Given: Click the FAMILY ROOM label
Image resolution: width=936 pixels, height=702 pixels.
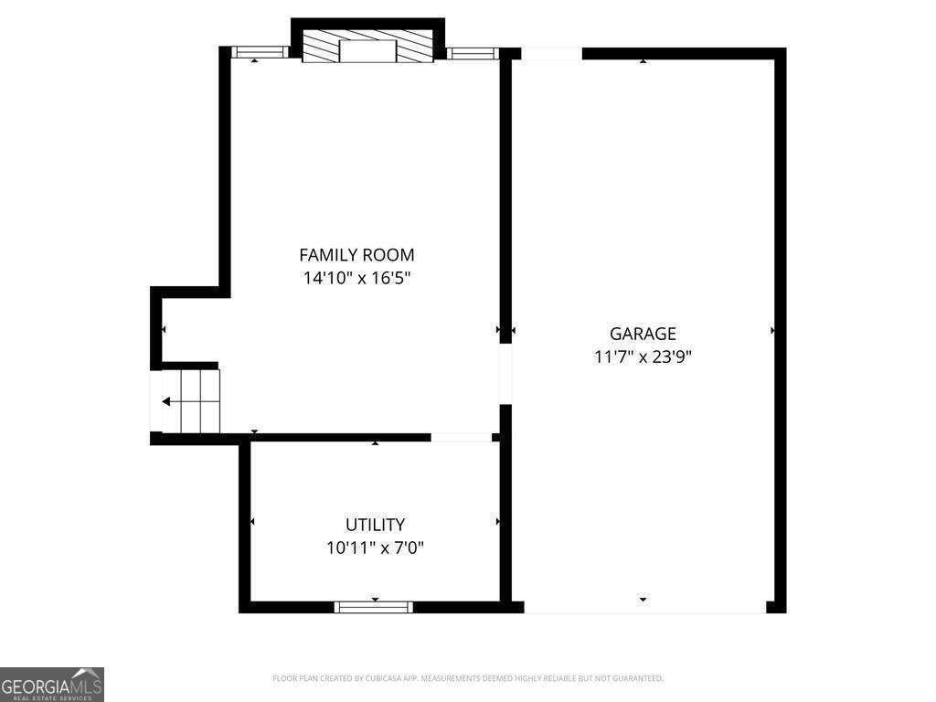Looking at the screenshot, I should (x=356, y=255).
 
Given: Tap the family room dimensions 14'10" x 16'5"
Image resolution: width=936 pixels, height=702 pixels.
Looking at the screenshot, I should (x=356, y=279).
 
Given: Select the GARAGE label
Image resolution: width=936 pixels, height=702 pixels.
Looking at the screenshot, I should (x=643, y=334).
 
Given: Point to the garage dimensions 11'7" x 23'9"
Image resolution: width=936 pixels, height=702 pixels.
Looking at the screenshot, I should (x=643, y=357).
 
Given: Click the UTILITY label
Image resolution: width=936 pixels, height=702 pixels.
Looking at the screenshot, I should (x=375, y=525).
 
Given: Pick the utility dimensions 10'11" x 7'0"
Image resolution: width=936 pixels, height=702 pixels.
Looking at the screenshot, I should (x=375, y=548).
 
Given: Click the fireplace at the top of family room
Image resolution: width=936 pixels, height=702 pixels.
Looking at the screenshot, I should (x=367, y=49).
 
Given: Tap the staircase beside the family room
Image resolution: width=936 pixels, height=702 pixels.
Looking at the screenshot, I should (x=192, y=400).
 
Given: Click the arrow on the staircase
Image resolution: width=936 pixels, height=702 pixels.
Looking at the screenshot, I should (x=166, y=401).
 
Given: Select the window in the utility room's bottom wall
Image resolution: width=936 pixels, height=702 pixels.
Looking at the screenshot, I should (x=374, y=606).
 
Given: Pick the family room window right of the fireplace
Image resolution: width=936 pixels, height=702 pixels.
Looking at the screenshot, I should (x=473, y=53).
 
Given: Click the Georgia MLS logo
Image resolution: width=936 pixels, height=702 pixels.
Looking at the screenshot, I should (x=52, y=684).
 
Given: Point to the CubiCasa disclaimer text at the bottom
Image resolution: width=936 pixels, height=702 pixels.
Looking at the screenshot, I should (x=467, y=678).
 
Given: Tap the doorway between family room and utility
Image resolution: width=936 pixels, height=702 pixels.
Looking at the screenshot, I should (x=461, y=438).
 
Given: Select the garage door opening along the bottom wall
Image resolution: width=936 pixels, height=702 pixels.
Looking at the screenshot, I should (x=644, y=607).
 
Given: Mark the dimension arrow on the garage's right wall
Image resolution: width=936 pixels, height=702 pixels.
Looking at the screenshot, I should (x=773, y=330).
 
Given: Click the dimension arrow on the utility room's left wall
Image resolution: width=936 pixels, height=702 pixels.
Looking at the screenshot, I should (x=251, y=522).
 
